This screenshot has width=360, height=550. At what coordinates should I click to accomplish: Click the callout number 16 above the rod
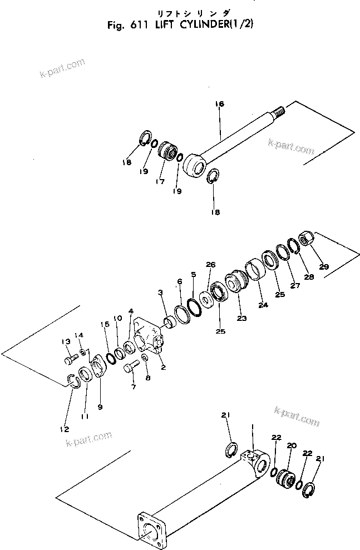coord(219,104)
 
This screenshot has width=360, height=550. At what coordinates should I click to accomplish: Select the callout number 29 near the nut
coord(324,267)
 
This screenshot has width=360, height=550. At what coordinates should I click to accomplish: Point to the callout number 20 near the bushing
coord(290,445)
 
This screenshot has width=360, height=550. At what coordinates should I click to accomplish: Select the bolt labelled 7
coord(132,367)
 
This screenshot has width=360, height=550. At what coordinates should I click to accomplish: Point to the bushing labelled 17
coord(167,151)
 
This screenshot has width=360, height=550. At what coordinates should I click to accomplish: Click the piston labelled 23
coord(235,280)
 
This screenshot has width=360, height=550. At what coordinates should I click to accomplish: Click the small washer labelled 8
coord(145,358)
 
